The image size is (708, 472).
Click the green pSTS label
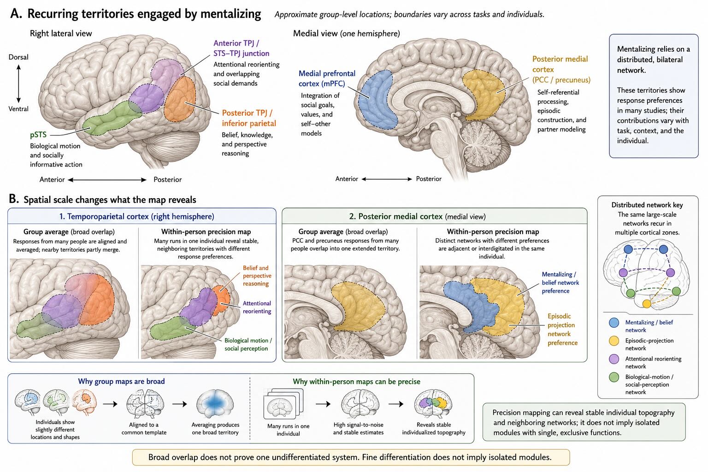(x=38, y=135)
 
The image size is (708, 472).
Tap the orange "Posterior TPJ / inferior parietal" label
(x=249, y=118)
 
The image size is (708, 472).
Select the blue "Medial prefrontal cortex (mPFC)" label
(x=327, y=78)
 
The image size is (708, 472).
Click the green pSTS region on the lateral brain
(x=112, y=118)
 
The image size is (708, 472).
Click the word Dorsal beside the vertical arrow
(x=18, y=57)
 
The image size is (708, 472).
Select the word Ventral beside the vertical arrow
(x=18, y=109)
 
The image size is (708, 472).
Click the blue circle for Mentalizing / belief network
(x=614, y=323)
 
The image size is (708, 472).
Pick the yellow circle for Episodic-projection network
(x=614, y=341)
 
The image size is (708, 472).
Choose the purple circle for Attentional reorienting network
(x=614, y=359)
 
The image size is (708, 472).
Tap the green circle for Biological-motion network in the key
(x=614, y=377)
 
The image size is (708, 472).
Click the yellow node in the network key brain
(x=647, y=304)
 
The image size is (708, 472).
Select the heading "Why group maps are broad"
(x=121, y=381)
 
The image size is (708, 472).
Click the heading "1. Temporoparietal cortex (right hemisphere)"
(x=136, y=217)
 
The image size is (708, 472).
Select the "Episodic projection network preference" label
(x=563, y=330)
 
